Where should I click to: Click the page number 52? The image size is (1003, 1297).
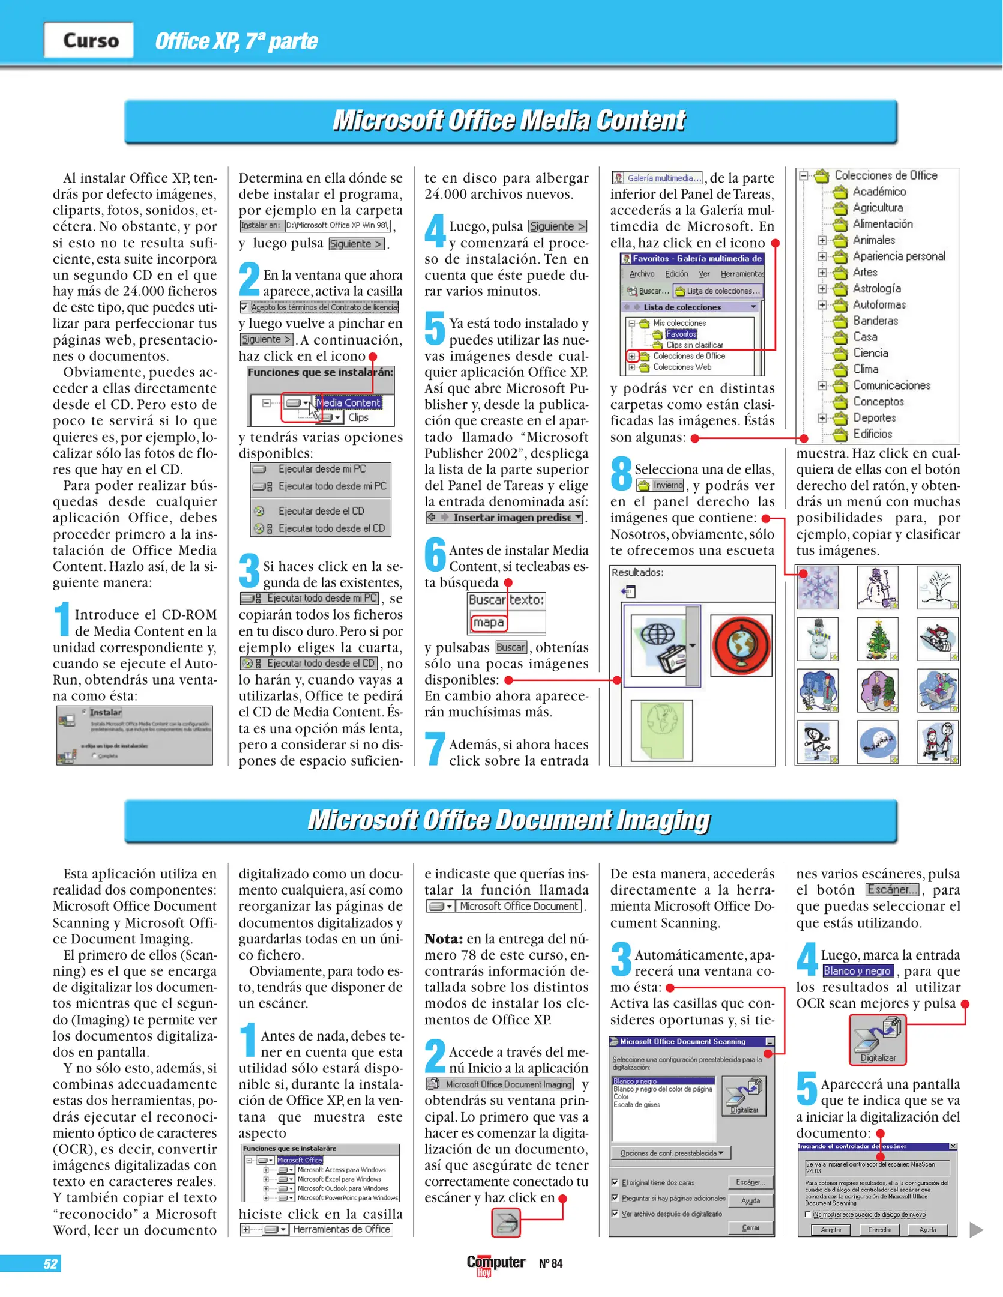(x=50, y=1263)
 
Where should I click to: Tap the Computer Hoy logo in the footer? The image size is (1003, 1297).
(x=496, y=1264)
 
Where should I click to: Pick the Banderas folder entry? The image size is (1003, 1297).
(x=875, y=321)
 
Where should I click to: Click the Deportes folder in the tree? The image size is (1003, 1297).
(x=874, y=417)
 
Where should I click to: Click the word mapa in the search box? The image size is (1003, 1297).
(x=488, y=623)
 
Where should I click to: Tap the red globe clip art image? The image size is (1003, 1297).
(x=741, y=645)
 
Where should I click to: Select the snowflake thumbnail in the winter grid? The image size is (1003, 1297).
(x=818, y=587)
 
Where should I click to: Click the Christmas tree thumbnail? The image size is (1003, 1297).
(x=878, y=639)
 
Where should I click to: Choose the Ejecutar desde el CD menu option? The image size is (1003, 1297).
(x=321, y=511)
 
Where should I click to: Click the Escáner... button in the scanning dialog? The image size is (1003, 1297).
(x=750, y=1182)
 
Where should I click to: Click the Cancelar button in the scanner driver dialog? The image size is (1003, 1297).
(x=879, y=1229)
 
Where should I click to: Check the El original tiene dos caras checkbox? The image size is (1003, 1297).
(x=615, y=1182)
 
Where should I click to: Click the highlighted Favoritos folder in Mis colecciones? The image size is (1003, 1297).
(x=681, y=334)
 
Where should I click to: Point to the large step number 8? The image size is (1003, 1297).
(x=621, y=473)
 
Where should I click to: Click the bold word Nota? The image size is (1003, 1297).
(x=444, y=939)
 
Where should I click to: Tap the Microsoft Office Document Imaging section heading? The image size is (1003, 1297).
(x=510, y=820)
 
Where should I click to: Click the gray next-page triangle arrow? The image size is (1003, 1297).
(x=976, y=1230)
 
